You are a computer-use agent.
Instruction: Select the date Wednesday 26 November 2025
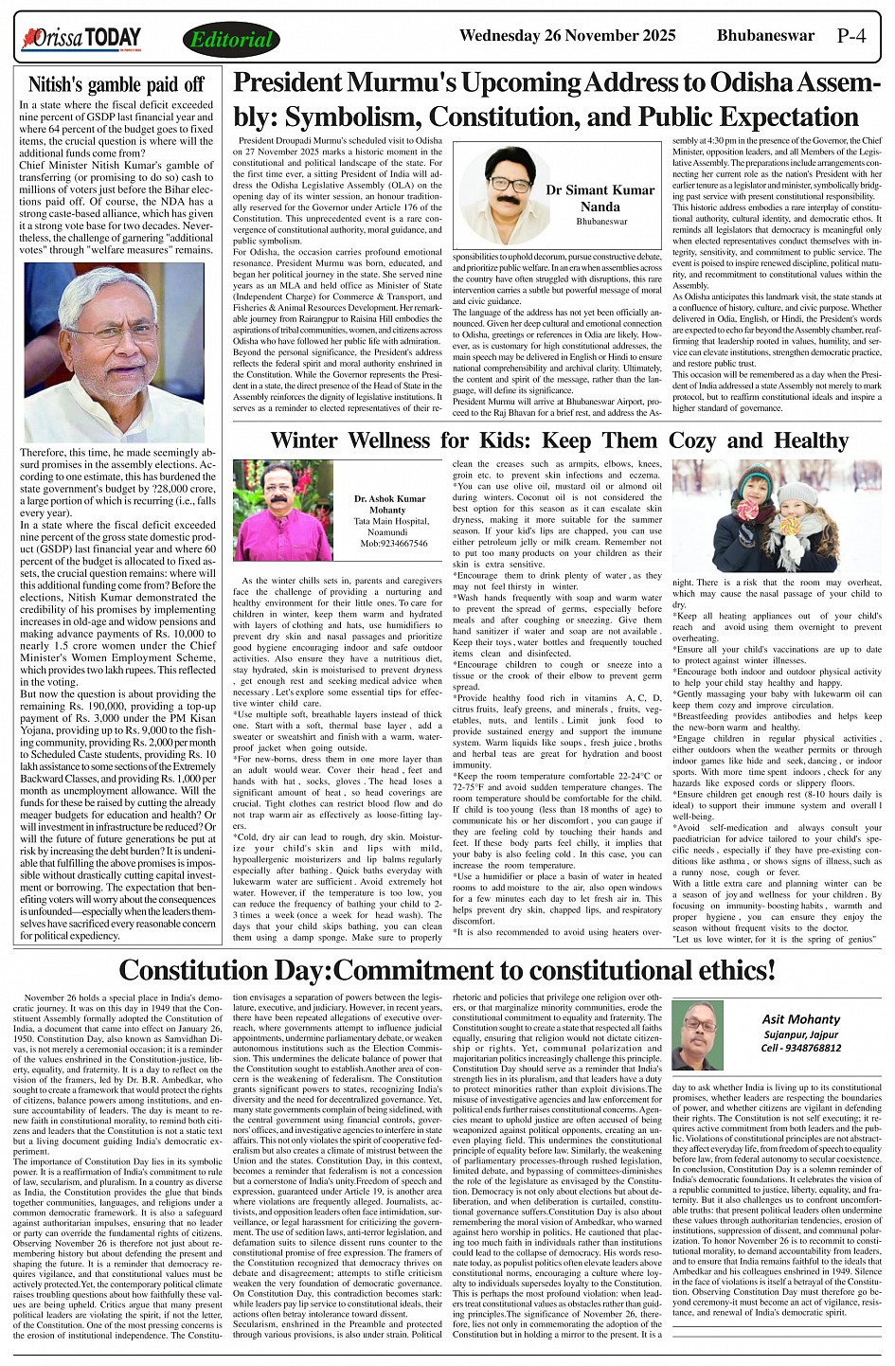coord(566,36)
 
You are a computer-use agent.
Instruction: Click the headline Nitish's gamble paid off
coord(116,84)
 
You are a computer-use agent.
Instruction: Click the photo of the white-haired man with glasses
coord(114,352)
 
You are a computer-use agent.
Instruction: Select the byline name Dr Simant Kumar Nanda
coord(600,198)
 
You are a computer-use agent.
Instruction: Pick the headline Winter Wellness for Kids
coord(559,440)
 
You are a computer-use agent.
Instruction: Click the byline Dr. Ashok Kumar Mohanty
coord(389,504)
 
